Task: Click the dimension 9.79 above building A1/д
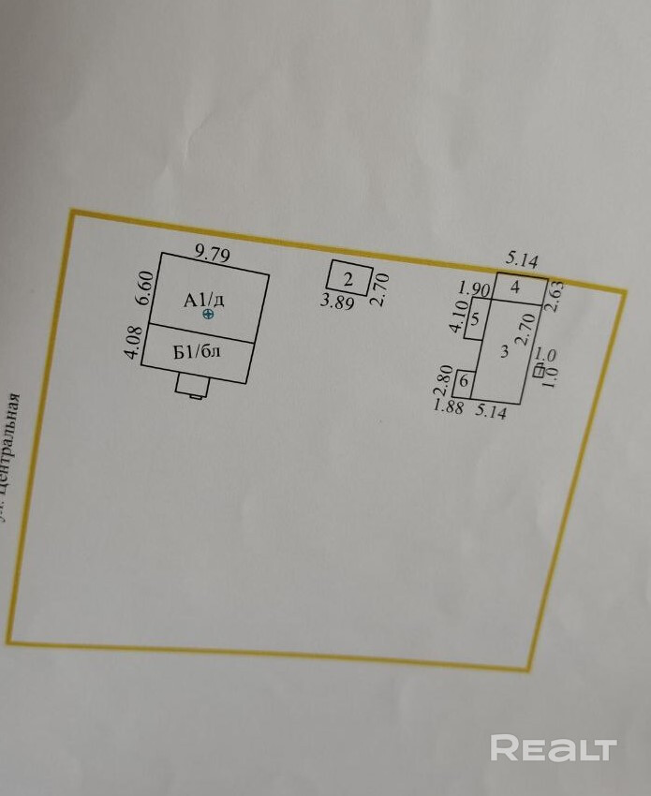212,252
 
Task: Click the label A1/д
204,300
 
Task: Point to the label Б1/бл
198,353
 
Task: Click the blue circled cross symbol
208,315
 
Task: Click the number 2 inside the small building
348,278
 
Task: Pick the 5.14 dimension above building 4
523,258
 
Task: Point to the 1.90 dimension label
475,287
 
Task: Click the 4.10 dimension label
457,317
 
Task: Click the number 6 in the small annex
465,381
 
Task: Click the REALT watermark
554,747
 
